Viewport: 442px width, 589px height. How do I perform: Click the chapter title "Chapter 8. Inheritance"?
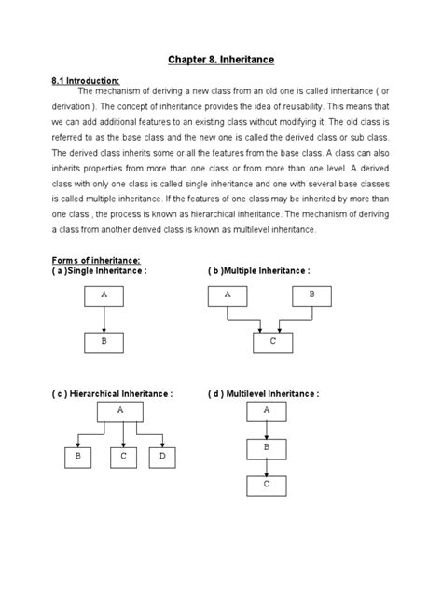[x=221, y=61]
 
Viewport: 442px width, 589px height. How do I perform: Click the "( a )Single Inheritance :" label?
[x=101, y=270]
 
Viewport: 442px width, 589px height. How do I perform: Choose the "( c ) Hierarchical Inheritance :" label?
[x=112, y=394]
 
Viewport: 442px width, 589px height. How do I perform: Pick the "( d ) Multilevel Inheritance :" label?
[x=263, y=394]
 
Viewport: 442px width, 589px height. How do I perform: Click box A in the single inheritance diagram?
[x=104, y=296]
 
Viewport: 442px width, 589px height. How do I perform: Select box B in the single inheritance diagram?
[x=104, y=344]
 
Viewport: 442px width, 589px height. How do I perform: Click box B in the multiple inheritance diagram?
[x=311, y=296]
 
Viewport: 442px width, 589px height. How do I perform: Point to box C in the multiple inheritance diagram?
[x=272, y=343]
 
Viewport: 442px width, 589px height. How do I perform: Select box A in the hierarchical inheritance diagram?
[x=119, y=411]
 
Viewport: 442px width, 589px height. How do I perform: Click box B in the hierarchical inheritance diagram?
[x=78, y=458]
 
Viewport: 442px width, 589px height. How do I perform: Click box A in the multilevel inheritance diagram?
[x=267, y=411]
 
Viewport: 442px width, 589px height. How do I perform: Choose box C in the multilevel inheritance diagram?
[x=267, y=486]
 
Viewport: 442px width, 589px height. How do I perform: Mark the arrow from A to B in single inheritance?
[x=104, y=320]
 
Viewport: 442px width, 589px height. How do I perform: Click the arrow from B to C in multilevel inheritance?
[x=267, y=467]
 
